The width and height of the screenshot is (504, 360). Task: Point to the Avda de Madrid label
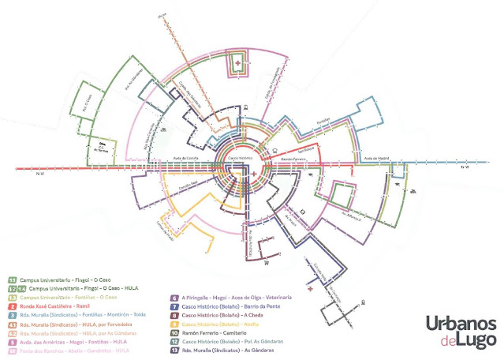coord(376,159)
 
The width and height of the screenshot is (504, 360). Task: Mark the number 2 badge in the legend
coord(11,304)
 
